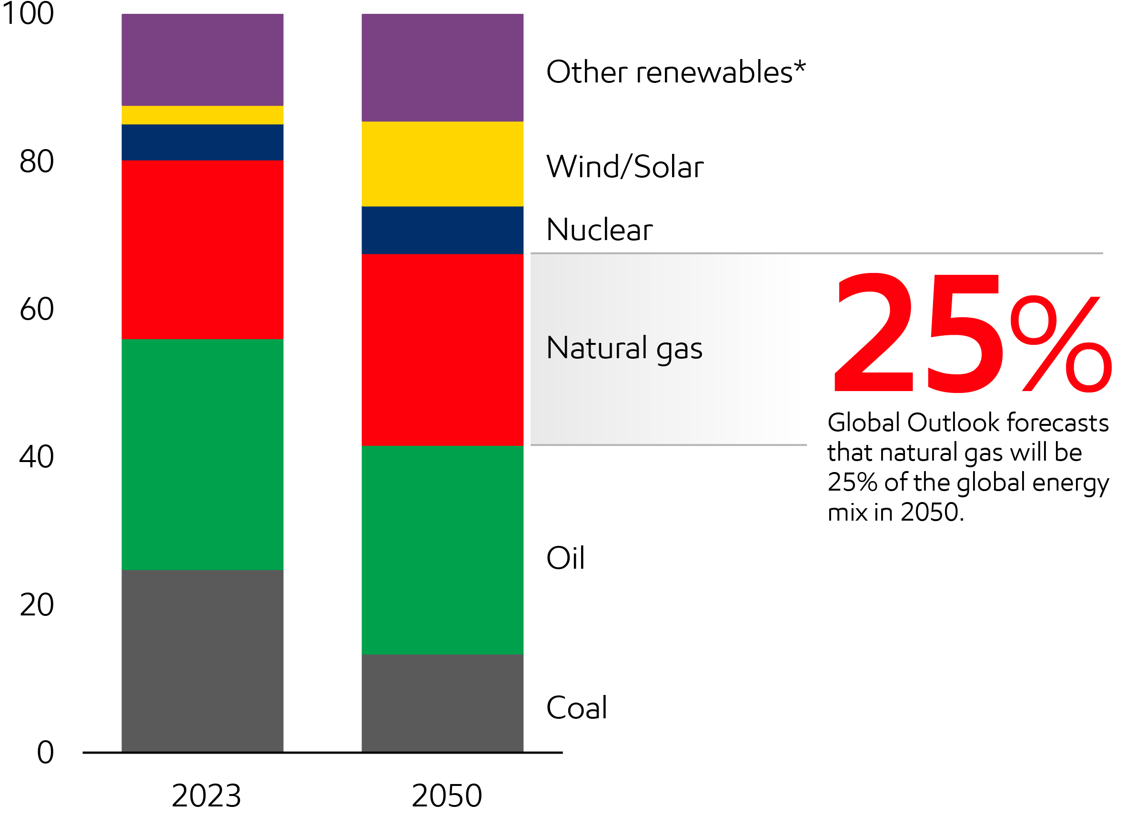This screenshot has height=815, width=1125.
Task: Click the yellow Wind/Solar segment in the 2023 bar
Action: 202,115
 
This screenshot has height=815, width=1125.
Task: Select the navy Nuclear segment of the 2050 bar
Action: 442,230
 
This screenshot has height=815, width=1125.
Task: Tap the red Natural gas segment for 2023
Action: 202,250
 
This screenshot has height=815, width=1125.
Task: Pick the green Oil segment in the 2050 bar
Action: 442,550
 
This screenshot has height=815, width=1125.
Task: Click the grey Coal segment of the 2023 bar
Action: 202,661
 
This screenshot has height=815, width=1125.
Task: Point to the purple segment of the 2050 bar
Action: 442,68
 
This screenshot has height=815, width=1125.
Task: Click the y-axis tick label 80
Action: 36,161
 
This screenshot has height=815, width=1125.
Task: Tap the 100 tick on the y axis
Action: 28,13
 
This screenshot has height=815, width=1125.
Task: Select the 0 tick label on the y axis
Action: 45,752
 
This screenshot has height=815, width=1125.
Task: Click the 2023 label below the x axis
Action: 206,795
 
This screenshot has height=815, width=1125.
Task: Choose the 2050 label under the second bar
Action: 446,795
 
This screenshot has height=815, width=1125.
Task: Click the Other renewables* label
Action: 675,72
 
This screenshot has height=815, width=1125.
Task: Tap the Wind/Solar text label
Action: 624,167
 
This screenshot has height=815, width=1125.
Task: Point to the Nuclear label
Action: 599,230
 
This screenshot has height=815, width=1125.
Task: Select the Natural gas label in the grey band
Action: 624,348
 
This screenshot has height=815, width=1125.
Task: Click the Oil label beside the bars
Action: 565,558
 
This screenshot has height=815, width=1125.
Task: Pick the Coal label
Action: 576,707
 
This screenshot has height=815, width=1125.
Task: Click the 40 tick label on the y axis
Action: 36,456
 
